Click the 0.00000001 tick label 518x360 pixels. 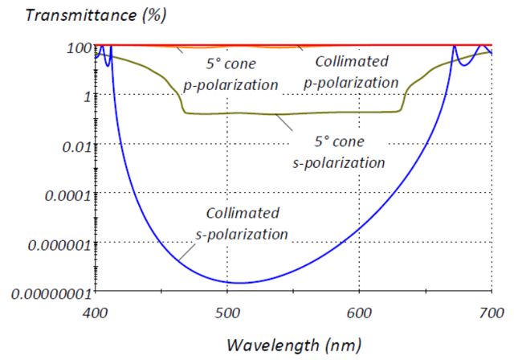click(x=47, y=292)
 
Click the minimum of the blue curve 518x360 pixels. click(x=238, y=282)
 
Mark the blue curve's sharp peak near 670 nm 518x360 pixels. click(x=454, y=47)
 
